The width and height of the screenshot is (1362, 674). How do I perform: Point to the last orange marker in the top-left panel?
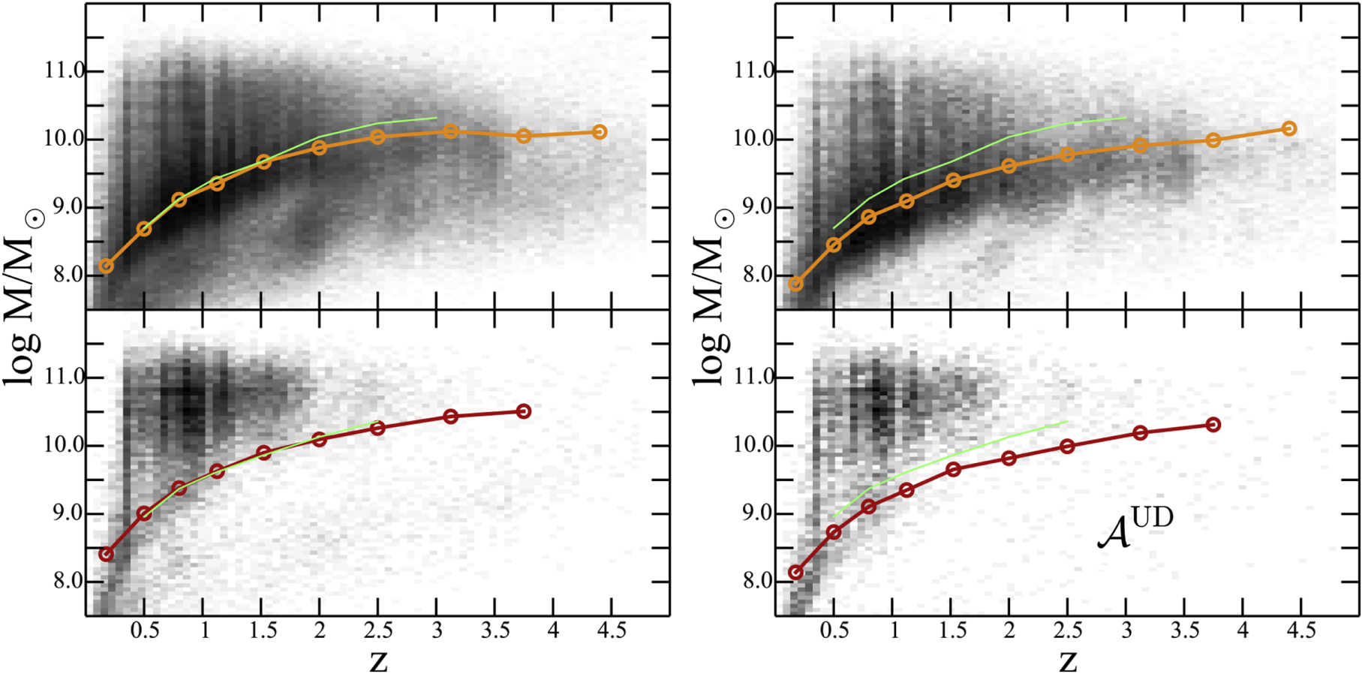[600, 132]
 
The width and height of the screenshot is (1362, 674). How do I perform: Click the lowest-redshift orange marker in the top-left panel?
[107, 266]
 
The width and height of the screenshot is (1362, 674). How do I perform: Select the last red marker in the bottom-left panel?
[524, 411]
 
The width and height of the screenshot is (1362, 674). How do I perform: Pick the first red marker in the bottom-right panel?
[795, 573]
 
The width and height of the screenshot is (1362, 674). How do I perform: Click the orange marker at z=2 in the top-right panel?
[1009, 166]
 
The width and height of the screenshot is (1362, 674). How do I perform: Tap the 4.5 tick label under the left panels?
[612, 631]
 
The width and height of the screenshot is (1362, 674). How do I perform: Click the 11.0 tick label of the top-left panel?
[65, 72]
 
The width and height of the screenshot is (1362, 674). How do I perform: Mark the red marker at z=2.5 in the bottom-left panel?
[377, 428]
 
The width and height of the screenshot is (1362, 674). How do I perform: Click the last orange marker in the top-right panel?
[1288, 128]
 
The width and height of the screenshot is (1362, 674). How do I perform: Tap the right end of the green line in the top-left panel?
[436, 118]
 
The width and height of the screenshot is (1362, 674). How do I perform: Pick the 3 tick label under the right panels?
[1126, 631]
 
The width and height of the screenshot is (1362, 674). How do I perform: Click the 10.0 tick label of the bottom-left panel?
[65, 446]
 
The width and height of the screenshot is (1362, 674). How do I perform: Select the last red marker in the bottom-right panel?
[1213, 425]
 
